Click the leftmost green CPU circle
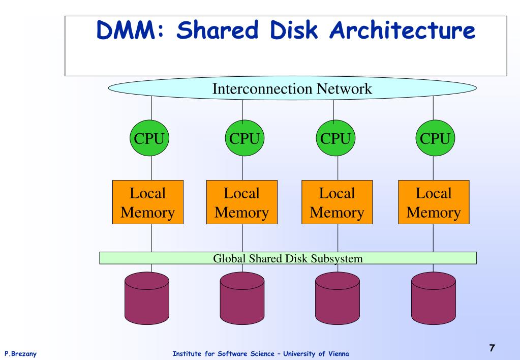click(x=149, y=138)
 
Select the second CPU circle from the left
click(x=244, y=138)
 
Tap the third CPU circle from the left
click(x=335, y=138)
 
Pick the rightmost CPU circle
click(x=435, y=138)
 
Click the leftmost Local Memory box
click(x=148, y=202)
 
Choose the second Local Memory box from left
click(x=242, y=202)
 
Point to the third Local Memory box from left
click(x=337, y=202)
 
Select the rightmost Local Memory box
click(x=434, y=202)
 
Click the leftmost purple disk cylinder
click(x=147, y=298)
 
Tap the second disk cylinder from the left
click(x=242, y=298)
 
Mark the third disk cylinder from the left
click(x=338, y=298)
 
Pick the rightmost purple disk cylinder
click(x=434, y=298)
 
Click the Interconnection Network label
click(x=292, y=88)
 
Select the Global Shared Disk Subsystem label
click(x=288, y=258)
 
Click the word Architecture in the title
click(x=402, y=30)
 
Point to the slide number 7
click(x=492, y=348)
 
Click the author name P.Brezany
click(x=20, y=354)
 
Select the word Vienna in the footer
click(x=339, y=354)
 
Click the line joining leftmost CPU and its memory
click(x=151, y=168)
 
